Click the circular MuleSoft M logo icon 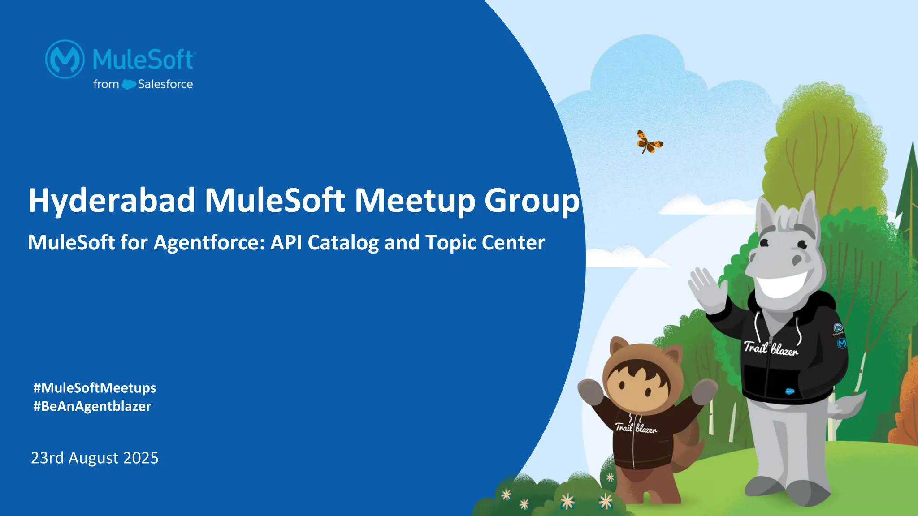[65, 59]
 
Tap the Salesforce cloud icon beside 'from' [129, 84]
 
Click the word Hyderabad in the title [111, 201]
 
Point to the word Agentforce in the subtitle [209, 243]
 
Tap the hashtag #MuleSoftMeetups [95, 388]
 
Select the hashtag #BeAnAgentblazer [92, 406]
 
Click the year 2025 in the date [141, 458]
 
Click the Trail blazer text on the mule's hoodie [771, 348]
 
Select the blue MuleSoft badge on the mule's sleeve [841, 343]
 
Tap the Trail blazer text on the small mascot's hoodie [636, 428]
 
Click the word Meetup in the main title [415, 201]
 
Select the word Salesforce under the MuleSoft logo [165, 84]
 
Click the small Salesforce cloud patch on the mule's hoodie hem [790, 391]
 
